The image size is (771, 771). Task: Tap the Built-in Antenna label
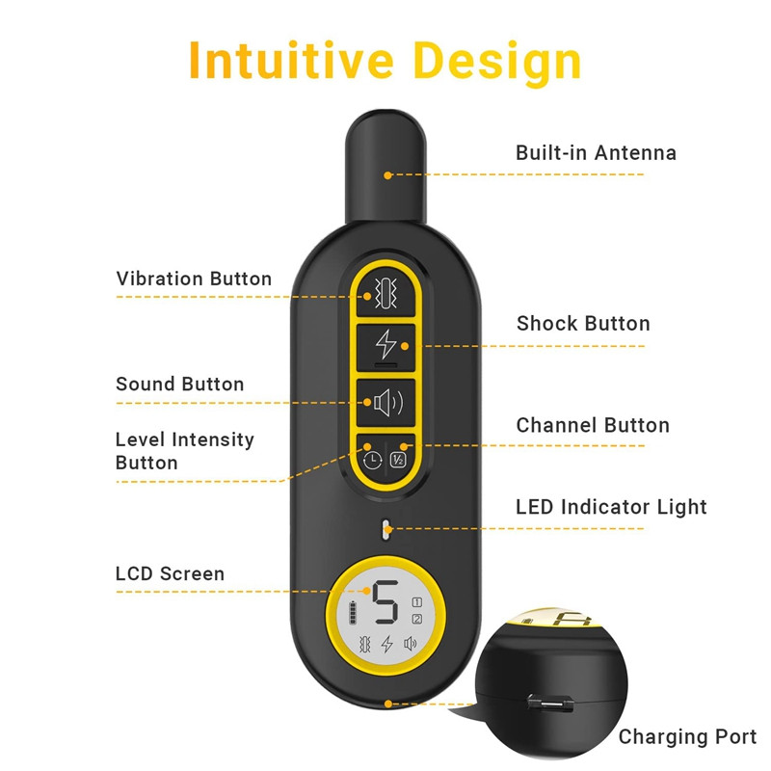point(596,152)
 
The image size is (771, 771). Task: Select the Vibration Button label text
point(194,279)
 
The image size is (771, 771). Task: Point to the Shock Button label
point(583,324)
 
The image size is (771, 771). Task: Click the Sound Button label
point(180,384)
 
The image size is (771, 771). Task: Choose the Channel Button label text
point(593,425)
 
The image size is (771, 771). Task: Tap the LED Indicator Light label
point(611,507)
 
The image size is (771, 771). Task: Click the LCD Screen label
point(170,573)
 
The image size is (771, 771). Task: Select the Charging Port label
point(687,737)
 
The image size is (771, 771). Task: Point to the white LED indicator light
point(385,528)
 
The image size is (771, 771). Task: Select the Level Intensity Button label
point(184,451)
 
